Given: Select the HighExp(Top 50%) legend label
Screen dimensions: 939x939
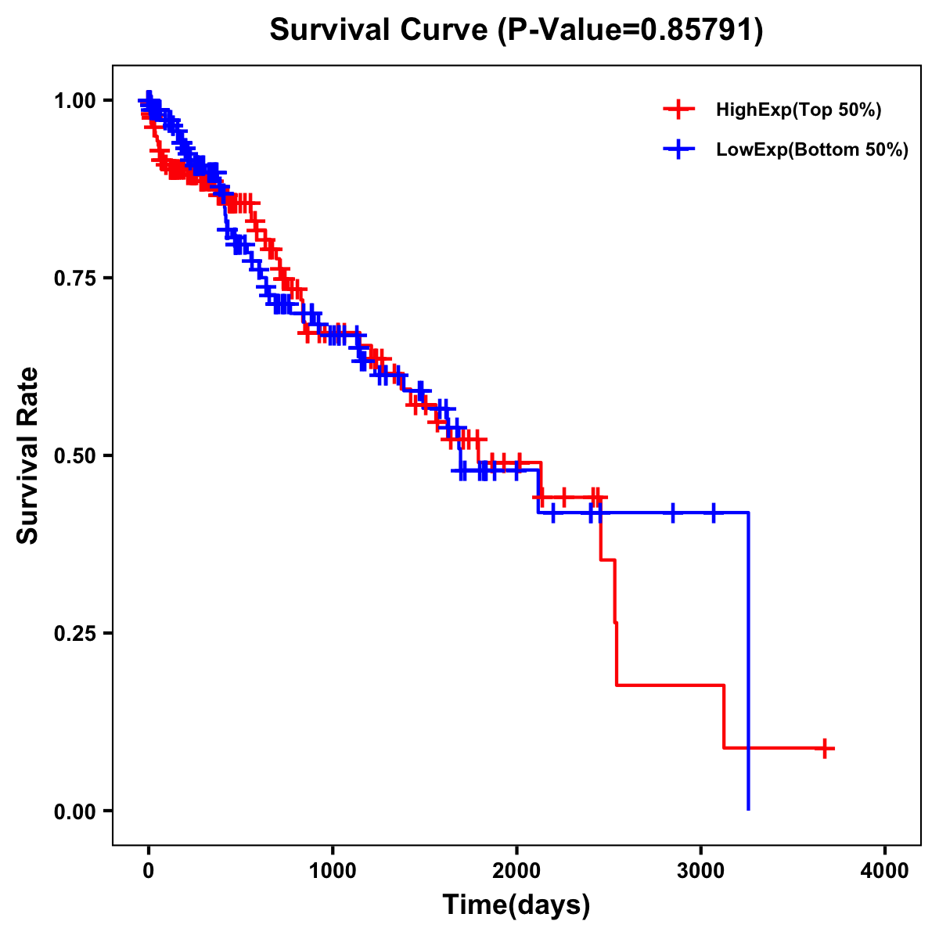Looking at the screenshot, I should tap(798, 110).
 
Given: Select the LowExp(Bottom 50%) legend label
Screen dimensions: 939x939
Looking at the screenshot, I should tap(812, 150).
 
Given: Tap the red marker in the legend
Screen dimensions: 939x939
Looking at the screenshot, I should tap(678, 110).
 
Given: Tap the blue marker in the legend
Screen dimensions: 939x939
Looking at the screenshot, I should tap(678, 149).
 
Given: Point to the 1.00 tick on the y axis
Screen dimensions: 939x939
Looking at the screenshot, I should tap(75, 100).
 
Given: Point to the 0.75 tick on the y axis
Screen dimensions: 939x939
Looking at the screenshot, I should tap(75, 278).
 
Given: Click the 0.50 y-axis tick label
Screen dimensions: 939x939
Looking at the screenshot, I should tap(75, 455).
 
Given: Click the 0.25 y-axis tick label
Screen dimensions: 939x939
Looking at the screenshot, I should tap(75, 633).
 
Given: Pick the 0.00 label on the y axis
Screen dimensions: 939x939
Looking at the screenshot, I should tap(75, 811).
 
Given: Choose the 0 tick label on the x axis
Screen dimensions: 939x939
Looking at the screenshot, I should tap(149, 869).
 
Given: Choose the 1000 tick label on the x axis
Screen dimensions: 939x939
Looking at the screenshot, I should tap(333, 869).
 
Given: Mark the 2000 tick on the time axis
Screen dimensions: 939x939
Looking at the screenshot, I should tap(516, 869).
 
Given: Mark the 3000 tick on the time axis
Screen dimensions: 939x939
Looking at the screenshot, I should tap(701, 869).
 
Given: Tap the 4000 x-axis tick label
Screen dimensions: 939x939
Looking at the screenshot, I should tap(885, 869).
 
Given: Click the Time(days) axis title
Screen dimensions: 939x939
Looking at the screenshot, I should tap(516, 905).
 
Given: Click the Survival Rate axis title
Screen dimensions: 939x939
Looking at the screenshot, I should tap(28, 455).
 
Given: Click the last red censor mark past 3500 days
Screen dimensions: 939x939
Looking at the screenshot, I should tap(824, 748).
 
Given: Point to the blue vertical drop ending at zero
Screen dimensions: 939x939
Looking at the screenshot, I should tap(749, 665).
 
